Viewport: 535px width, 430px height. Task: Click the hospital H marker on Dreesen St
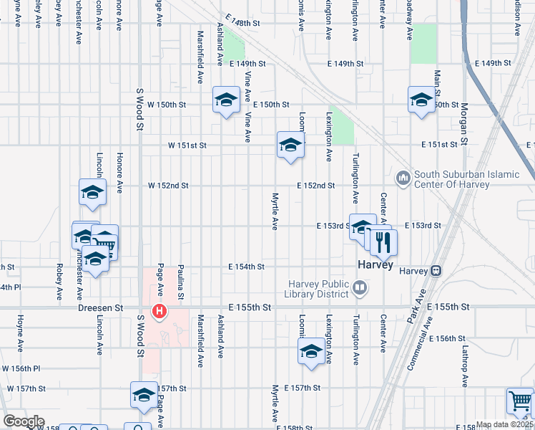tap(159, 312)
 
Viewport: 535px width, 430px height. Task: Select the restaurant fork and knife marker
tap(383, 244)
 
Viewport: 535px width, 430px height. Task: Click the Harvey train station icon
tap(435, 271)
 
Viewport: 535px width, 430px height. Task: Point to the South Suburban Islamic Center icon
tap(403, 176)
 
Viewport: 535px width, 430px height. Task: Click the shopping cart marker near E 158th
tap(520, 401)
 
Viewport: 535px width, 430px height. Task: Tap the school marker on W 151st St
tap(290, 145)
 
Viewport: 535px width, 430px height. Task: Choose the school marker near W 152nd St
tap(93, 192)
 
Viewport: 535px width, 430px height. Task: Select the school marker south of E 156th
tap(311, 352)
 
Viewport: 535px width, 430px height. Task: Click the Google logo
tap(24, 421)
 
